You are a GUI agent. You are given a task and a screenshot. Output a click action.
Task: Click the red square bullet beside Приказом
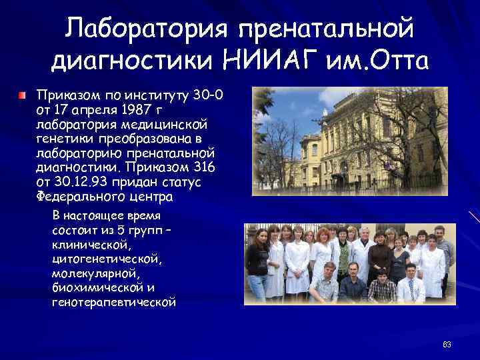tap(24, 96)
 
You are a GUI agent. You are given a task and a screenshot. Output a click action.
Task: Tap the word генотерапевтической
tap(113, 303)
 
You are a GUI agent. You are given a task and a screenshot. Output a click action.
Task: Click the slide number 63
tap(447, 345)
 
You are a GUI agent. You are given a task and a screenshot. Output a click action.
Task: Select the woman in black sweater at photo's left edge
tap(257, 260)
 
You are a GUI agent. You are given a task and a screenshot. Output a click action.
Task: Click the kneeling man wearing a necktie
tap(409, 283)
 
